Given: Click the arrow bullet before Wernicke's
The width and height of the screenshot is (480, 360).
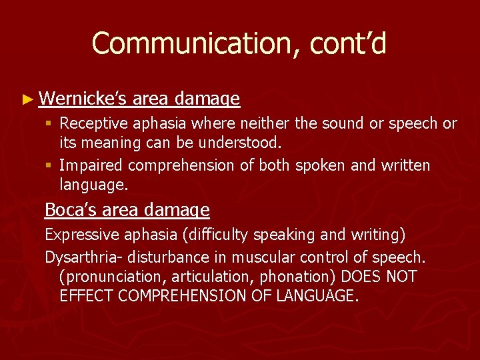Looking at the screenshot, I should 27,100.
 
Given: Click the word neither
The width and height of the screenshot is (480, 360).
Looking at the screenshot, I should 258,124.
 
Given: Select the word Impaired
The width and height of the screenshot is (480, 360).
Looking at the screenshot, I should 91,165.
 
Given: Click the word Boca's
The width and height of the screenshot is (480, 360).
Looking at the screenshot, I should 71,211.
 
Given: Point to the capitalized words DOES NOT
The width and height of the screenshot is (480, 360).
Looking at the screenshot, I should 388,277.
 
